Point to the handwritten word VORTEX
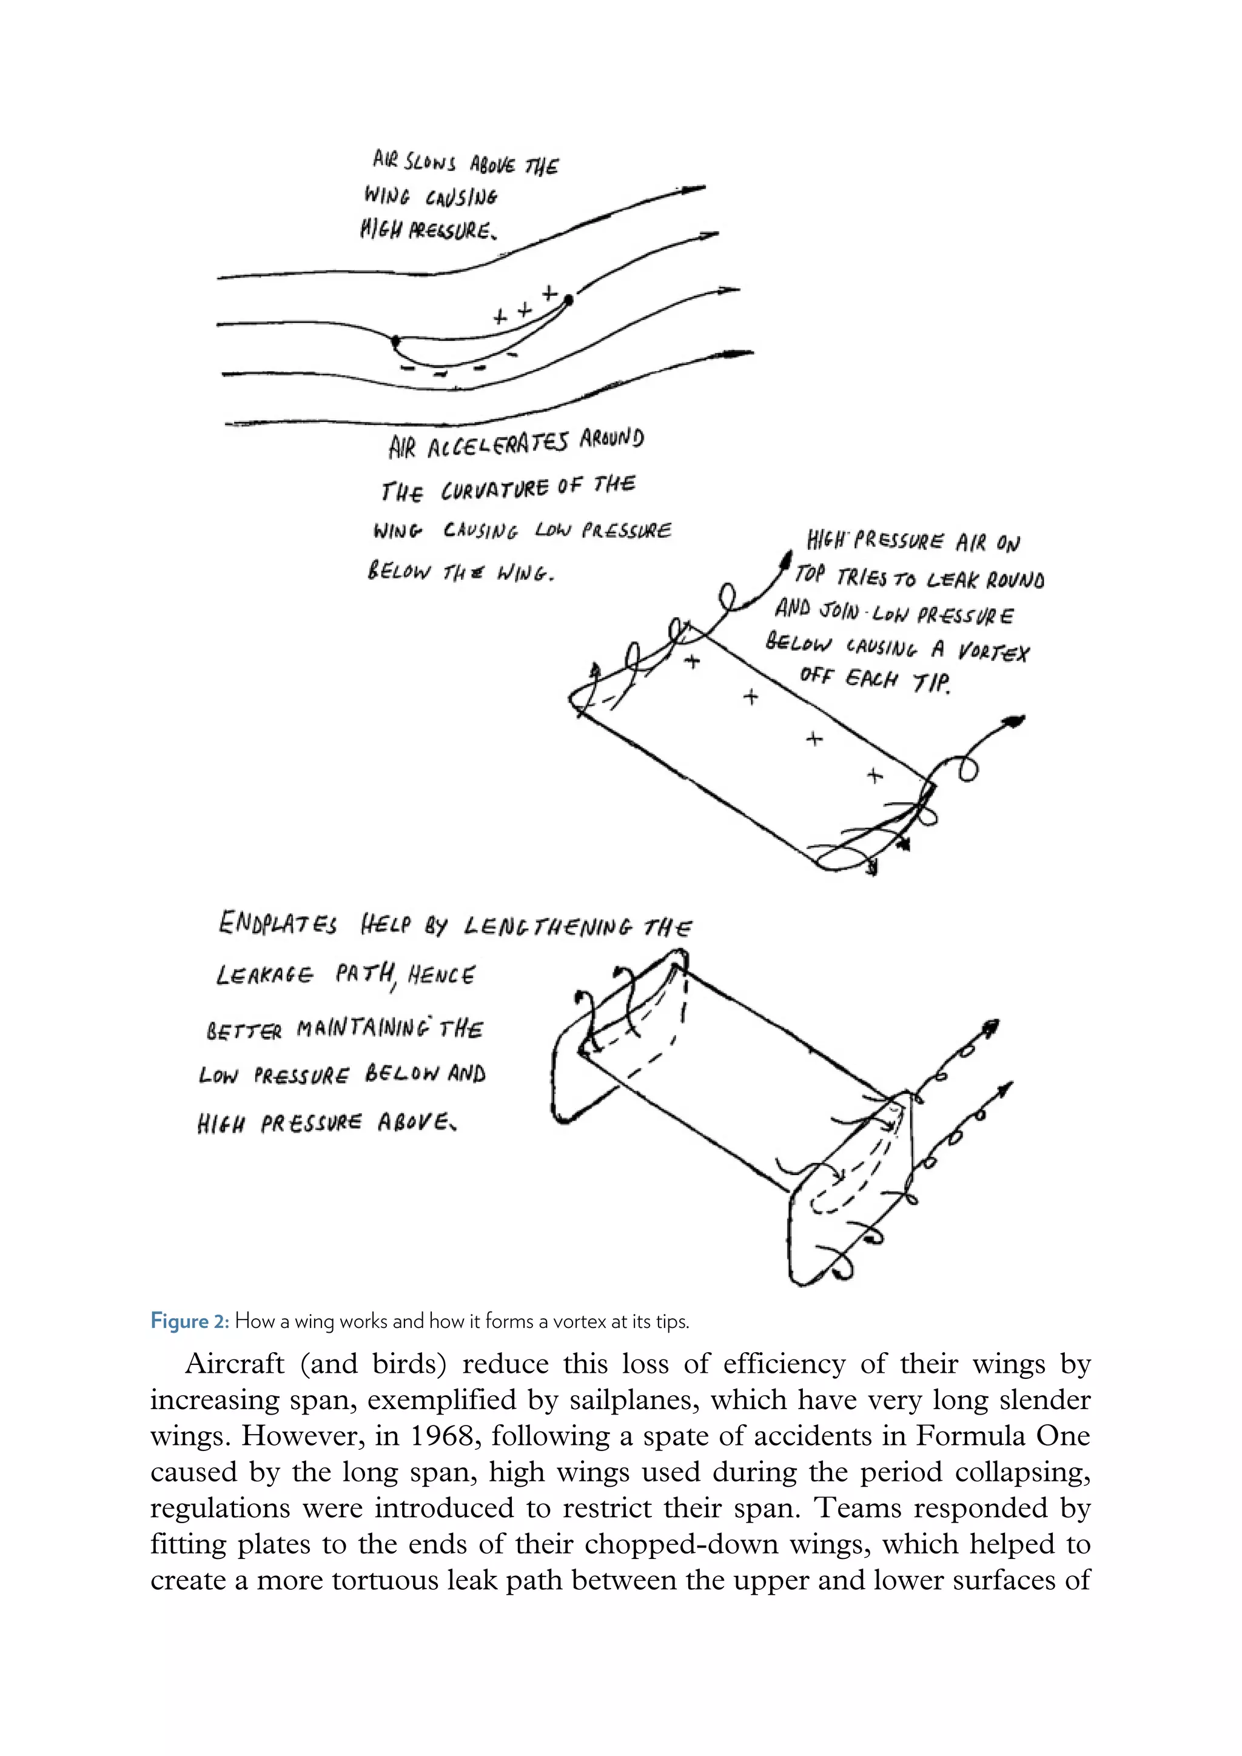click(993, 652)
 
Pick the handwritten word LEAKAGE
click(264, 975)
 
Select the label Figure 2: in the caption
click(190, 1321)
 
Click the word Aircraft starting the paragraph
click(234, 1364)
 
